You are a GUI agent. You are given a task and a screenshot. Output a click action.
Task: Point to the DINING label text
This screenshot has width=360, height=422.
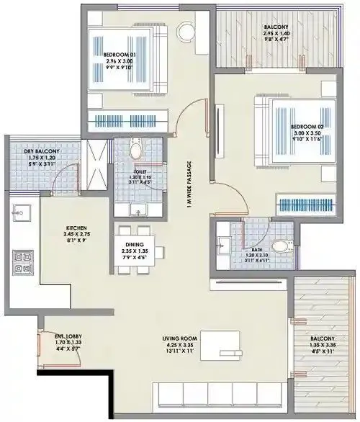tap(136, 244)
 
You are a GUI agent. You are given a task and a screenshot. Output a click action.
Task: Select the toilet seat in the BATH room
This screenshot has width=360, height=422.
tap(280, 245)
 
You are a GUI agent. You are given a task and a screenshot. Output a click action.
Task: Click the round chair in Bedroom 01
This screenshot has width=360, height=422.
tap(187, 31)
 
